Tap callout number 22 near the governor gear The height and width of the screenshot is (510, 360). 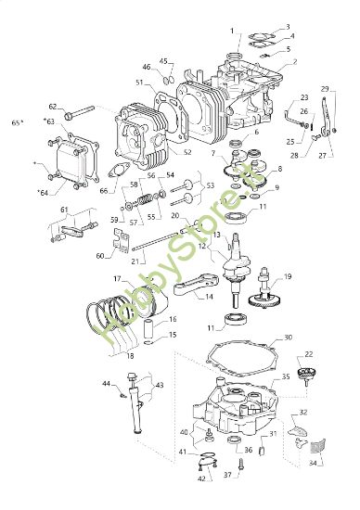coord(310,354)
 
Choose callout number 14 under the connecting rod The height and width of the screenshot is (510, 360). coord(208,297)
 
